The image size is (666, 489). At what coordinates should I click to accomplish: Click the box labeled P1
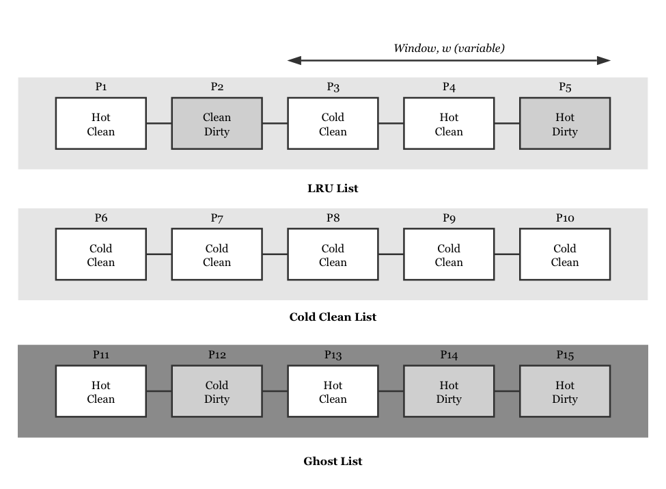coord(100,123)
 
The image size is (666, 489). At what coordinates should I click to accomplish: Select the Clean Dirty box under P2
coord(217,123)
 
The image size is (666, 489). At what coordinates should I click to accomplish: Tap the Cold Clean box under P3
coord(333,123)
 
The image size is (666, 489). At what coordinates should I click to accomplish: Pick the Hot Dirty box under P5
coord(565,123)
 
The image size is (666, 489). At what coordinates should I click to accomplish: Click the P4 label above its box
coord(449,87)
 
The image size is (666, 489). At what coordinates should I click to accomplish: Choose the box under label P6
coord(100,254)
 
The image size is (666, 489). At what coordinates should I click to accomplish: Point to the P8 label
coord(333,218)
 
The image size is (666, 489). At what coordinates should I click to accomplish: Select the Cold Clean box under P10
coord(565,254)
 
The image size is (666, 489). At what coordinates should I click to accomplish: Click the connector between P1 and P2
coord(158,123)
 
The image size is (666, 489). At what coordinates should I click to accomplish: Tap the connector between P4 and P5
coord(507,123)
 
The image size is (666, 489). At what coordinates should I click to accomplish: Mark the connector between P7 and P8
coord(275,254)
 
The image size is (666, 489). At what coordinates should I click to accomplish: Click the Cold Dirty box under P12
coord(217,391)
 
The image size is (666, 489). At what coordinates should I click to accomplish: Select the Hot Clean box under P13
coord(333,391)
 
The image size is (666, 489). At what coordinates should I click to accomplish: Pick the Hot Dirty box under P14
coord(449,391)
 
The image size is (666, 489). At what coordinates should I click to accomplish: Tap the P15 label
coord(565,355)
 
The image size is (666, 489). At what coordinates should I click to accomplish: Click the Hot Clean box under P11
coord(100,391)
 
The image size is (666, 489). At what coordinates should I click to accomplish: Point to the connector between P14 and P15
coord(507,391)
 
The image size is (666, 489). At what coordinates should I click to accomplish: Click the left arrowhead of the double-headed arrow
coord(294,60)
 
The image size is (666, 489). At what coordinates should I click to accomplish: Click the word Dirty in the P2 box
coord(217,131)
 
